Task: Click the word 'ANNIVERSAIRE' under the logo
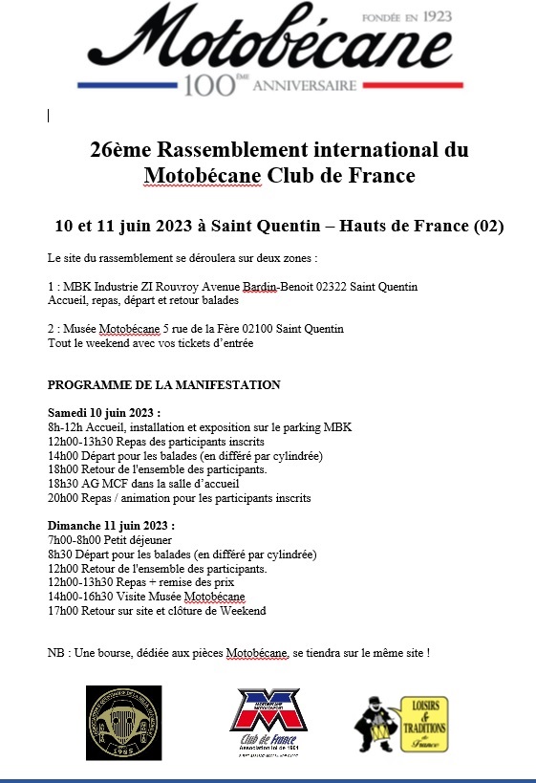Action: pyautogui.click(x=310, y=86)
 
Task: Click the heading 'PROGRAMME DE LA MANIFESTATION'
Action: pyautogui.click(x=163, y=385)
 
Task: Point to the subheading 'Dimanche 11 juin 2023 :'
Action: pyautogui.click(x=111, y=526)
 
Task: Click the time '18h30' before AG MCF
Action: pyautogui.click(x=62, y=484)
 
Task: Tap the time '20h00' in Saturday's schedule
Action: pyautogui.click(x=62, y=498)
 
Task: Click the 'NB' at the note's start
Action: pyautogui.click(x=55, y=653)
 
